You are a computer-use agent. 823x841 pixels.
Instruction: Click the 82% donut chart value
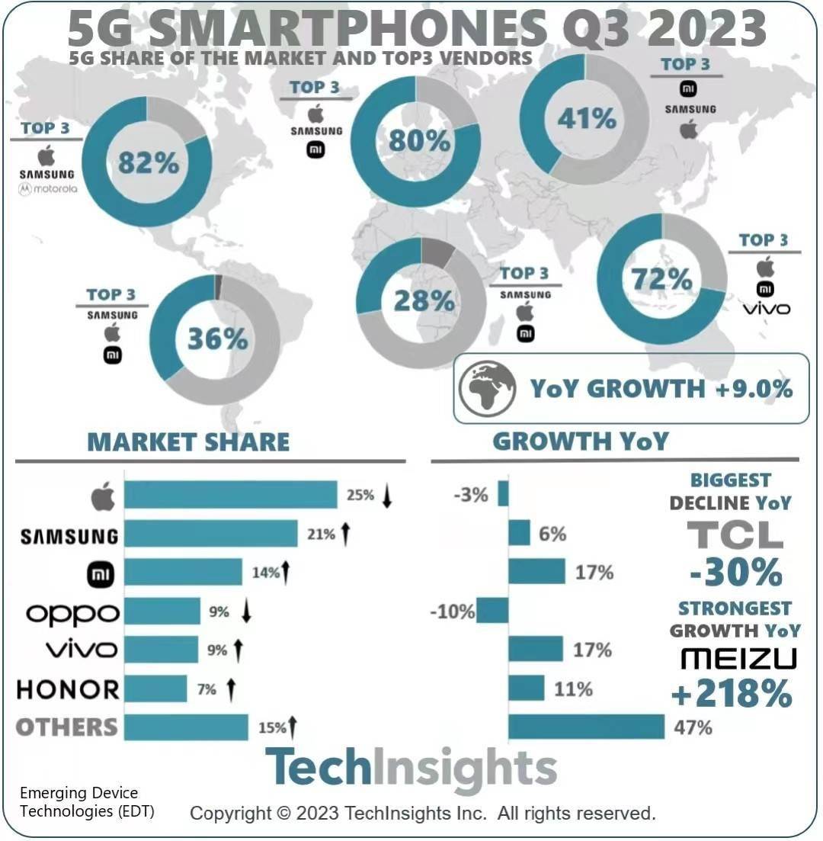coord(148,163)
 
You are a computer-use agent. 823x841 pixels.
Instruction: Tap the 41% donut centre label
coord(586,119)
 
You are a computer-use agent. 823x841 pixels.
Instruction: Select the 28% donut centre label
coord(424,300)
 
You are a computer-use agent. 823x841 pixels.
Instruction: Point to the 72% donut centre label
coord(661,280)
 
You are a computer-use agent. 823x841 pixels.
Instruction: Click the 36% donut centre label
coord(217,339)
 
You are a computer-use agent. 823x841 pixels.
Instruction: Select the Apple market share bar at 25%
coord(230,495)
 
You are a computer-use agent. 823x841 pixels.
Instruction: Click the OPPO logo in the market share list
coord(72,612)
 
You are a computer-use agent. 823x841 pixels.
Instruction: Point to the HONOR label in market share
coord(68,690)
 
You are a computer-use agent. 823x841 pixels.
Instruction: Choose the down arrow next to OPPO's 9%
coord(246,611)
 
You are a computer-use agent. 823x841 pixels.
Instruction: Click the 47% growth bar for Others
coord(586,727)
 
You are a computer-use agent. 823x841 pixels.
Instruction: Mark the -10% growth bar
coord(492,611)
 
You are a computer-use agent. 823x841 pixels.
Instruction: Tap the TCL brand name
coord(735,535)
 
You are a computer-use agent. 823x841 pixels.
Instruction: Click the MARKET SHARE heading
coord(188,441)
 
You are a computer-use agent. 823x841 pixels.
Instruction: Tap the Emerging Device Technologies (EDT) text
coord(87,802)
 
